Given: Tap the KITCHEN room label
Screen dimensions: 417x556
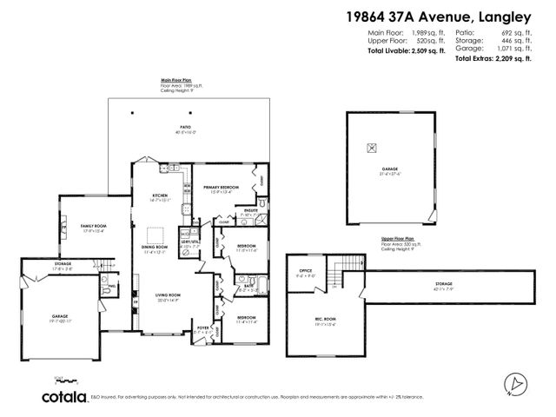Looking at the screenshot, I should [x=160, y=196].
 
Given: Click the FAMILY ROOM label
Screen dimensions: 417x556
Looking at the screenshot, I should [x=93, y=226].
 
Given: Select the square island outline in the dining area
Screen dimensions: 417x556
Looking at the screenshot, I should [x=156, y=235].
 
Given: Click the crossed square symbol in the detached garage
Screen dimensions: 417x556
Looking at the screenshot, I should [x=372, y=147].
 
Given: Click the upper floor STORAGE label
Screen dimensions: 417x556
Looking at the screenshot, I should [x=444, y=284].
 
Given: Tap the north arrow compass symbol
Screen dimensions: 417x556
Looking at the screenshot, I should [x=515, y=381].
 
